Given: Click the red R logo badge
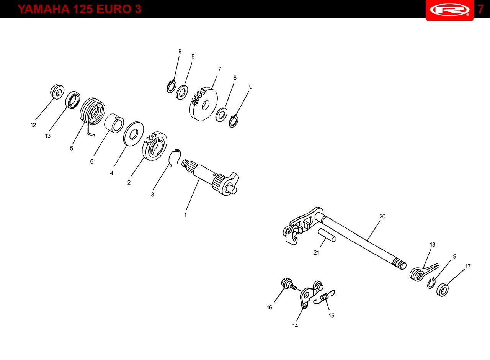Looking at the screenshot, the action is coord(449,10).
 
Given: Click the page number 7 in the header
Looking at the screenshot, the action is coord(480,9).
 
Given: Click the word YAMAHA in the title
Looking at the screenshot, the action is coord(44,9).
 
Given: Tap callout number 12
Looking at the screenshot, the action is coord(33,125).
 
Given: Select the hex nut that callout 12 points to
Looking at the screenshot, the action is coord(57,92).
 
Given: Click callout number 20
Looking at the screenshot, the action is coord(382,216).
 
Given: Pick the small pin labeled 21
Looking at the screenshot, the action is coord(327,235).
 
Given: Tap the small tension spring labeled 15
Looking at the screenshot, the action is coord(324,297).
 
